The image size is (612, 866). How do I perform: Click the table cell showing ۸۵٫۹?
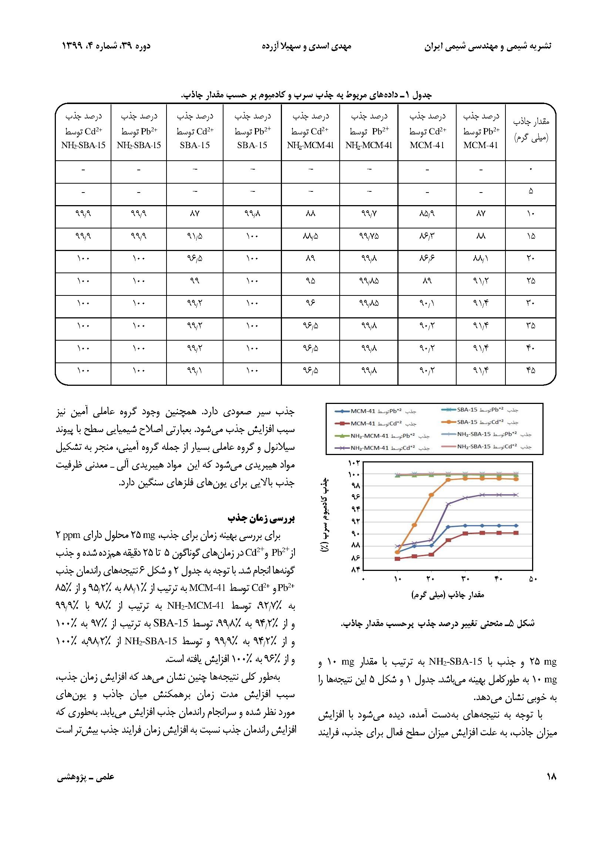(427, 214)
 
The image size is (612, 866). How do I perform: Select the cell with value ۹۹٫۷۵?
(369, 236)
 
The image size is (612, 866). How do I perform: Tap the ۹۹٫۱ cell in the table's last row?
(195, 371)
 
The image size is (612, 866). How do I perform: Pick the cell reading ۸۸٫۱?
(481, 258)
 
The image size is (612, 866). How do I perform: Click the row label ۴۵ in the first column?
(531, 371)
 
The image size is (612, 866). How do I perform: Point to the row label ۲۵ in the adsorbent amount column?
(531, 281)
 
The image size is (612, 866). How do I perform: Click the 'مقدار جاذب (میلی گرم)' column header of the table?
(531, 129)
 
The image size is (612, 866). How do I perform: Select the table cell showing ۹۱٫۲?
(481, 281)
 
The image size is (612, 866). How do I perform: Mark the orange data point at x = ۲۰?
(431, 495)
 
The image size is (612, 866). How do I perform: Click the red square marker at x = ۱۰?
(397, 559)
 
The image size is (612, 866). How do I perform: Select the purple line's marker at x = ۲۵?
(448, 504)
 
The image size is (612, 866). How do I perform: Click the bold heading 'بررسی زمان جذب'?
(261, 519)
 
